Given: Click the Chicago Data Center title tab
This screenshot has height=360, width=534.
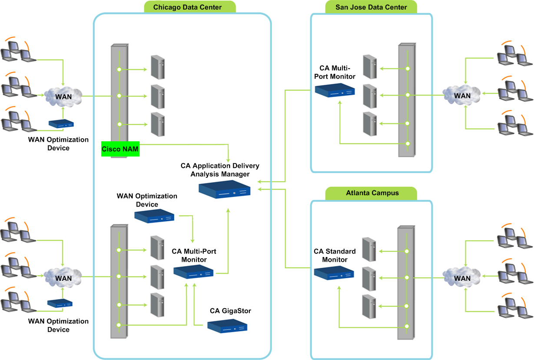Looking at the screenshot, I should [187, 7].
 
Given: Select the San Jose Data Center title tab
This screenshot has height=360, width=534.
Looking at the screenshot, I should [371, 7].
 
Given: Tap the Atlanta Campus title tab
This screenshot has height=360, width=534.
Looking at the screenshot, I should [372, 193].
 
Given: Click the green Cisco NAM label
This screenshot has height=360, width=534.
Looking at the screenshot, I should [120, 149].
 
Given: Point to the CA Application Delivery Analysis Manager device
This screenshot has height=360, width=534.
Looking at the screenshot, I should [225, 190].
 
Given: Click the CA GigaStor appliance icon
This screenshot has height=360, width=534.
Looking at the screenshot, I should [227, 326].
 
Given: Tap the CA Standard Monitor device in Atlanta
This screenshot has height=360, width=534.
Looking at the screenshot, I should [335, 273].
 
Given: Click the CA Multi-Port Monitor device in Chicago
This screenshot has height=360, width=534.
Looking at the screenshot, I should [193, 272].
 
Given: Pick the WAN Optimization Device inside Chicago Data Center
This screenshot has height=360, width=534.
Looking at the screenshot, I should [154, 216].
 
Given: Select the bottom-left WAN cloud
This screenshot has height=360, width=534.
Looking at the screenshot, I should [63, 277].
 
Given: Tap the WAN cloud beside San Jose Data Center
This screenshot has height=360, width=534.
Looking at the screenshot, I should [462, 95].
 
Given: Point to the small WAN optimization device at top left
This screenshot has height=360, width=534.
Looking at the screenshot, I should [60, 124].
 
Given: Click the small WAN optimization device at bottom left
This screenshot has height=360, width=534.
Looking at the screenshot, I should [60, 303].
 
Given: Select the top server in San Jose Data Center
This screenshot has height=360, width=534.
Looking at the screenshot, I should [369, 67].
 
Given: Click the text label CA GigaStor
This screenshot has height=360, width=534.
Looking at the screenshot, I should [230, 311].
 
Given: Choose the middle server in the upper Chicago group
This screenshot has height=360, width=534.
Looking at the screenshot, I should [157, 96].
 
